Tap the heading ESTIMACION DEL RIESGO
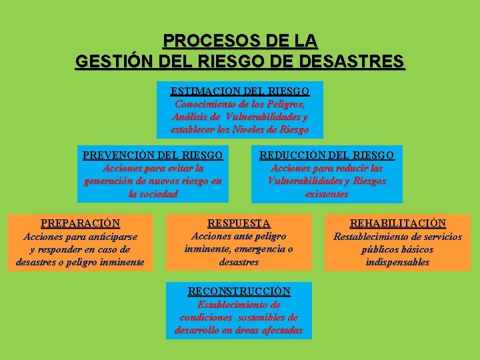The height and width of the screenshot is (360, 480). pyautogui.click(x=240, y=91)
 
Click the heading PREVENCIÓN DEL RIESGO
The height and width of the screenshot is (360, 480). pyautogui.click(x=153, y=155)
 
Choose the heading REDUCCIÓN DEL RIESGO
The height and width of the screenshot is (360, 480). pyautogui.click(x=327, y=155)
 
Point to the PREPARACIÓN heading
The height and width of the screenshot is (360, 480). pyautogui.click(x=80, y=223)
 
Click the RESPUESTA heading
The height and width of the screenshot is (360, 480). pyautogui.click(x=239, y=223)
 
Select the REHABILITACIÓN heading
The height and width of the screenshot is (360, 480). pyautogui.click(x=398, y=223)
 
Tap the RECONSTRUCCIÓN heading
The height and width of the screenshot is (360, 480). pyautogui.click(x=239, y=291)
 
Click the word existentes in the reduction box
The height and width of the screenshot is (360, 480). pyautogui.click(x=327, y=194)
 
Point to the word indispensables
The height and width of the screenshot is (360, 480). pyautogui.click(x=398, y=262)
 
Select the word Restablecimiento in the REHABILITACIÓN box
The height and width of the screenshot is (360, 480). pyautogui.click(x=371, y=236)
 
